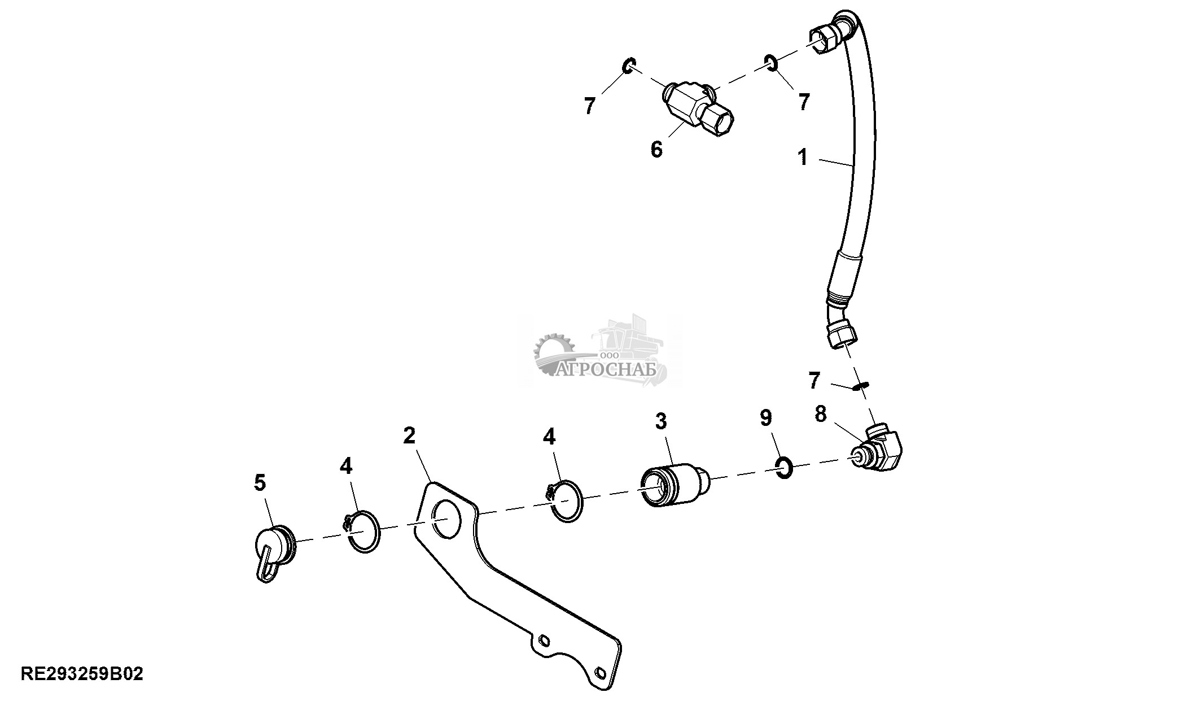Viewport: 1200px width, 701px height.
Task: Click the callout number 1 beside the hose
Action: [803, 156]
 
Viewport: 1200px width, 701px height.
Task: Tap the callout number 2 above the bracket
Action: [409, 435]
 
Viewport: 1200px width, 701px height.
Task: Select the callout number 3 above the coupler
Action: [661, 421]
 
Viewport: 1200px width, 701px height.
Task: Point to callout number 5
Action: [260, 482]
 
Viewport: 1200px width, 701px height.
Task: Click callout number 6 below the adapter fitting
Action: [656, 149]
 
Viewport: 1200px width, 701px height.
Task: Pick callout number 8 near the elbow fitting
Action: [821, 414]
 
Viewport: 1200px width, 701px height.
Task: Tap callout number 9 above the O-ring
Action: [765, 418]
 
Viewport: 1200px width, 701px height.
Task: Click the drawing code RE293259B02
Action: [82, 673]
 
